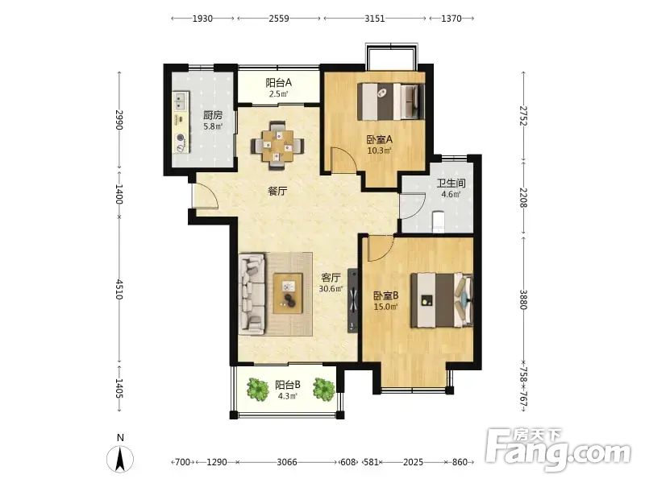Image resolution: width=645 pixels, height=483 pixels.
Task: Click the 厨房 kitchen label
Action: [x=213, y=115]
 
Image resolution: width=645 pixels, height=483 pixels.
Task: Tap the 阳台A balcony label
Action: [x=278, y=83]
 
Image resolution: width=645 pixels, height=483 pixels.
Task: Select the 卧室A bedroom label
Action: [x=379, y=139]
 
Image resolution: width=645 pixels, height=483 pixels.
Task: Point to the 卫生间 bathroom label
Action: [x=451, y=183]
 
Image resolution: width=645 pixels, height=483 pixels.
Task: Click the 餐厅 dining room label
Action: [x=277, y=191]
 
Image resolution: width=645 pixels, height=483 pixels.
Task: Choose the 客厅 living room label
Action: [x=331, y=278]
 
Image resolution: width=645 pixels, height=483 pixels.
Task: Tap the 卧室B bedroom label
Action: [x=386, y=295]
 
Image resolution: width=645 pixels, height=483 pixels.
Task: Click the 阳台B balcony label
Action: [x=288, y=385]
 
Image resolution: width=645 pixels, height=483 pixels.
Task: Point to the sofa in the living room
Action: [x=252, y=292]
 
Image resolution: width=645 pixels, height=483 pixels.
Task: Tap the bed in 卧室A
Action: [x=391, y=101]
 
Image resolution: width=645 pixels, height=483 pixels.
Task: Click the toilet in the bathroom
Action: [x=439, y=221]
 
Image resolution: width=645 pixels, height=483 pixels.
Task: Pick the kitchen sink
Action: [x=181, y=101]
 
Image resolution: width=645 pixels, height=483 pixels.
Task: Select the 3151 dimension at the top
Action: [x=375, y=19]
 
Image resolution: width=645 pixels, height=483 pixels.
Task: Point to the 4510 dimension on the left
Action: [x=119, y=290]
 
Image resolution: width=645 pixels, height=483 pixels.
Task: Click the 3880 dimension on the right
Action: [x=523, y=299]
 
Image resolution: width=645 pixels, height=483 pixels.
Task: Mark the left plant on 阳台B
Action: [x=257, y=389]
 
